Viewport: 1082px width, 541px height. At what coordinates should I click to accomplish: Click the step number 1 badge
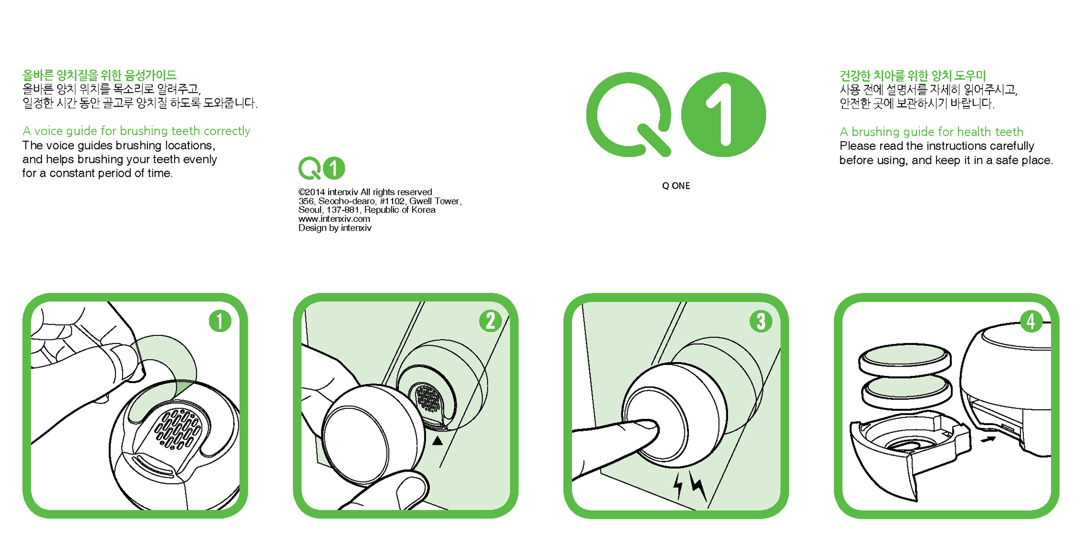coord(220,321)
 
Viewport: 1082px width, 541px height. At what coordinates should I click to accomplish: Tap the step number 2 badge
coord(491,321)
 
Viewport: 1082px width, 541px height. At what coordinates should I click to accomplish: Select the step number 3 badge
coord(761,321)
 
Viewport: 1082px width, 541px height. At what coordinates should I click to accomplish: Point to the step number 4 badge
coord(1032,321)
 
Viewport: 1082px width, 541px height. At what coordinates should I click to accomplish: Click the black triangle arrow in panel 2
coord(437,440)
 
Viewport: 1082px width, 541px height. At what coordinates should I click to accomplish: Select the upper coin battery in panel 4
coord(905,359)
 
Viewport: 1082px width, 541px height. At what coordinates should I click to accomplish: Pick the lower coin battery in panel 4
coord(907,392)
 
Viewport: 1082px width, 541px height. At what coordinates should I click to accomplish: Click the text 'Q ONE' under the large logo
coord(676,186)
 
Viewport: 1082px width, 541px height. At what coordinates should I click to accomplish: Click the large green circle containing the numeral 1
coord(724,115)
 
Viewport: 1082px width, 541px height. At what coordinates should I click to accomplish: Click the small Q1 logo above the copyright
coord(321,168)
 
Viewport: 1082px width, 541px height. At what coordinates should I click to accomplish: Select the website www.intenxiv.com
coord(334,219)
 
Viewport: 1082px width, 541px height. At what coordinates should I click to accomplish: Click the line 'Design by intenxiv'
coord(335,228)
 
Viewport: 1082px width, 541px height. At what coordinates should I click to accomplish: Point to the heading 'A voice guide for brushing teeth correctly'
coord(136,131)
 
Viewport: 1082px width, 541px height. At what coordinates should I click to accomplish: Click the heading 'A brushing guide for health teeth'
coord(931,132)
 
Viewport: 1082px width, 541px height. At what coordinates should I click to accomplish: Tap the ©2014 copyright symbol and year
coord(312,192)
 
